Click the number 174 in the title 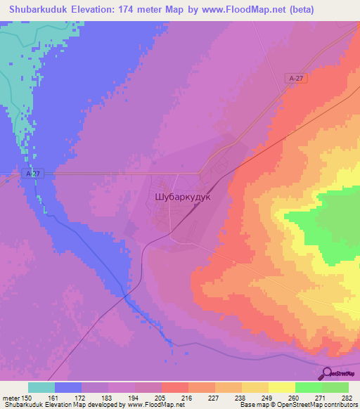tap(127, 10)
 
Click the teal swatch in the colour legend tap(41, 387)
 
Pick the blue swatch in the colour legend tap(68, 387)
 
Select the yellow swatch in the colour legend tap(281, 387)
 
